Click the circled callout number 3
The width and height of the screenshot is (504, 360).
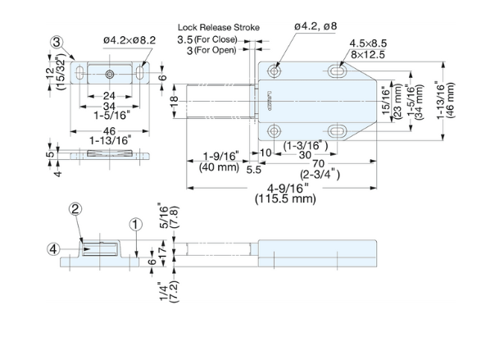(57, 43)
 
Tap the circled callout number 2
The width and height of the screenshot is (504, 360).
(75, 209)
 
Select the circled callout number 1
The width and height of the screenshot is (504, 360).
(136, 224)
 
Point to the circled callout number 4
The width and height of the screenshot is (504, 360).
(53, 249)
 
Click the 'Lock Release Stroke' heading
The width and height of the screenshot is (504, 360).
(219, 27)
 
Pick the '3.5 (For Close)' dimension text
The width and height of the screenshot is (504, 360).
(207, 39)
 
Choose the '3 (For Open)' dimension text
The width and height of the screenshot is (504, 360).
(211, 50)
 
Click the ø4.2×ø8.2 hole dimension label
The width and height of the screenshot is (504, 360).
(129, 40)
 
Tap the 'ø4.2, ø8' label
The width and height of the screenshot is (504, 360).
(316, 26)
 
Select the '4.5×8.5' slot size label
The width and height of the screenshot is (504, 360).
(368, 43)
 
